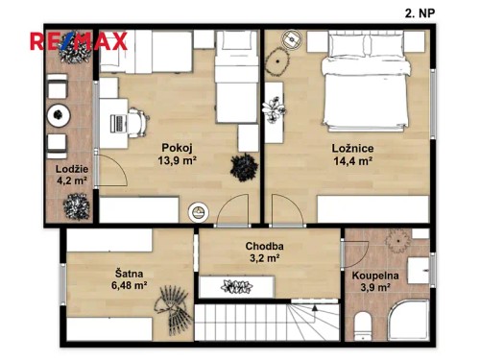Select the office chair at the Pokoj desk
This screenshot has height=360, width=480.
pyautogui.click(x=136, y=123)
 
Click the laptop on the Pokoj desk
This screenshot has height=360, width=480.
pyautogui.click(x=116, y=123)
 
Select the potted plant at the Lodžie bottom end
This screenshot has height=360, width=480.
pyautogui.click(x=76, y=204)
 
